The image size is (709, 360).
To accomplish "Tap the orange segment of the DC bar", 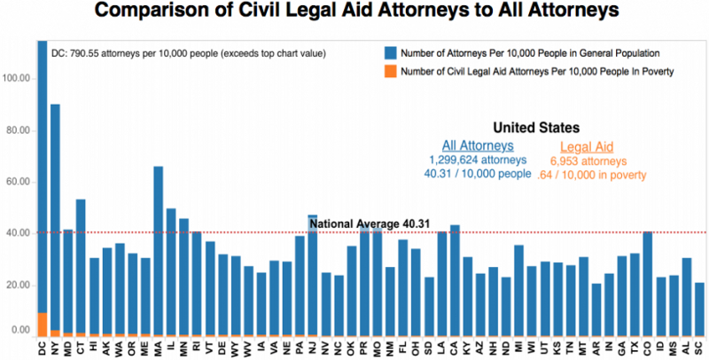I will (42, 325).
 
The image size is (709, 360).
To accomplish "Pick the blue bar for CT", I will (81, 266).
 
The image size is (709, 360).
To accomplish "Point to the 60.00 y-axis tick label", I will (19, 182).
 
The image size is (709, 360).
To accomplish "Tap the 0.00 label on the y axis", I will (20, 330).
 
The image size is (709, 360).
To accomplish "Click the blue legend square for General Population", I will (391, 51).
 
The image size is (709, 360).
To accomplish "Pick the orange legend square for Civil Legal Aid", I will (391, 72).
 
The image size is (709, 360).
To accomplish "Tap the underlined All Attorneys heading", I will (478, 146).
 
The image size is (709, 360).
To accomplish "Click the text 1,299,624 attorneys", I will (478, 161).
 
